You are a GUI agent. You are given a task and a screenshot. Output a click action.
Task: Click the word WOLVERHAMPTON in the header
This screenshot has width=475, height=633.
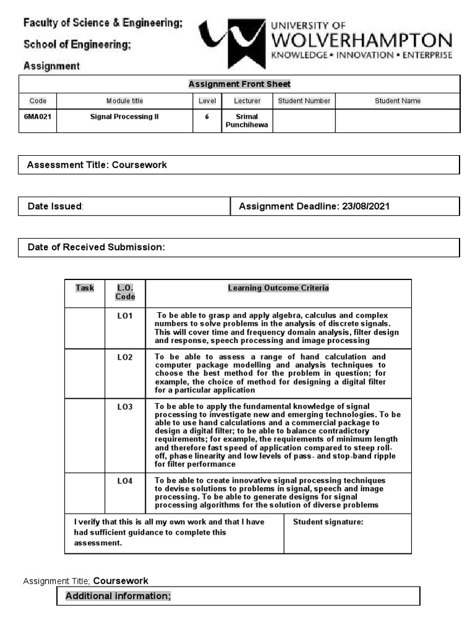coord(362,41)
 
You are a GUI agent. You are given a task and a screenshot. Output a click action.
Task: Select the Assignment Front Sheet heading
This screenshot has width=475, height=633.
coord(239,84)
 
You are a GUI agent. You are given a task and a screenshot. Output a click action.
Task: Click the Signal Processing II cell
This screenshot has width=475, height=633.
coord(124,116)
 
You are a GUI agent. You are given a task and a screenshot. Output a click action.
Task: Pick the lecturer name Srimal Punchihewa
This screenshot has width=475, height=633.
coord(247,121)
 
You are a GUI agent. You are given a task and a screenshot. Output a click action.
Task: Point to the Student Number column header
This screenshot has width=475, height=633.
coord(304,101)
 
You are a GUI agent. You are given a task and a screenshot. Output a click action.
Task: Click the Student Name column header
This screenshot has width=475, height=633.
coord(397,101)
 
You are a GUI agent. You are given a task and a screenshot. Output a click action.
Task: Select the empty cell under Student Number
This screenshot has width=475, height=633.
coord(304,121)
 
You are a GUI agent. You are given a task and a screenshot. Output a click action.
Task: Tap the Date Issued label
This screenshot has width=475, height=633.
coord(56,206)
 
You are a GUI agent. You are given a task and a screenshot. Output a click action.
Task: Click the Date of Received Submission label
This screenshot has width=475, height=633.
coord(96,247)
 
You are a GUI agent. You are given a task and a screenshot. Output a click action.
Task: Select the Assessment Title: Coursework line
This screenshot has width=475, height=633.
coord(97,165)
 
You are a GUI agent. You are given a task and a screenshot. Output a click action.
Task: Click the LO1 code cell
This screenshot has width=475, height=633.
coord(125,316)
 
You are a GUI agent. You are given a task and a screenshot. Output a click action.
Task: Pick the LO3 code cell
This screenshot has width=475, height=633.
coord(125,407)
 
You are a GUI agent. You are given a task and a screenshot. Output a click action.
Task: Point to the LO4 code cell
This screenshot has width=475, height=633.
coord(125,480)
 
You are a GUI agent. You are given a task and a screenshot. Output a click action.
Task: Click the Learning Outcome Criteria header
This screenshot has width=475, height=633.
coord(278,288)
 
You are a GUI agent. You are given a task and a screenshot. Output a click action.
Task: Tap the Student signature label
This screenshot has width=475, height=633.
coord(328,522)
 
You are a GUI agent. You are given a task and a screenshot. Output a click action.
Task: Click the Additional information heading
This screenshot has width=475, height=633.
coord(118,596)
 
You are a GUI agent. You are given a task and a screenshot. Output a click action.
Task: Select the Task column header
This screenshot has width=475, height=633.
coord(85,288)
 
